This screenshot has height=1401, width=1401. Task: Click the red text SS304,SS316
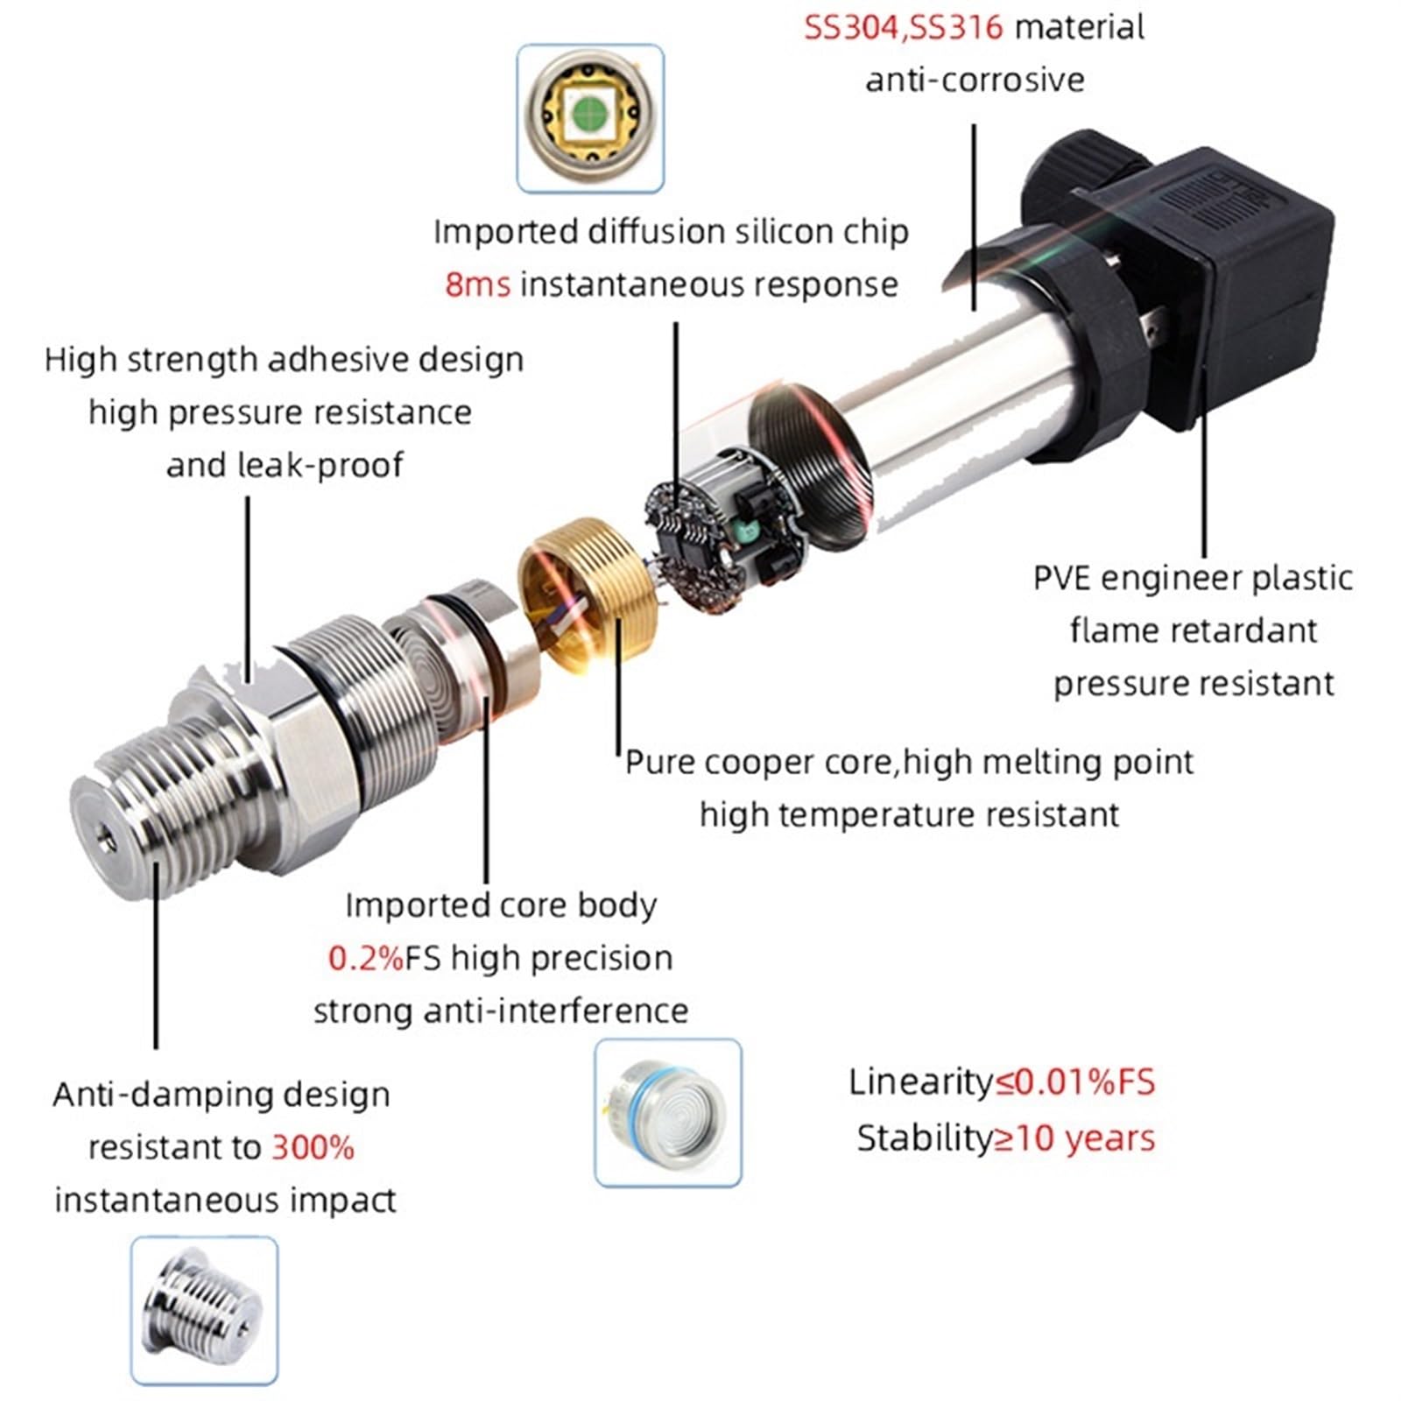(x=903, y=27)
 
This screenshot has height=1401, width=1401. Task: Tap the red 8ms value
(x=477, y=285)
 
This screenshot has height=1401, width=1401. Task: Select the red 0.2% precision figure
(x=365, y=958)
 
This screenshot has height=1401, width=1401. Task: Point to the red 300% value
(x=313, y=1147)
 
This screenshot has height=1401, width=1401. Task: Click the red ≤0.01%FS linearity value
(x=1075, y=1082)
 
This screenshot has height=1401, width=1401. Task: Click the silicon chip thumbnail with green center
(x=590, y=117)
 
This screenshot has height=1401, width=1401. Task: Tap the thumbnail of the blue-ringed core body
(x=667, y=1113)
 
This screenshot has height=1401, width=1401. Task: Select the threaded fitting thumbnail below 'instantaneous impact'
(x=204, y=1310)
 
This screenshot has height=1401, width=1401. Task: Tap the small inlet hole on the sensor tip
(x=106, y=838)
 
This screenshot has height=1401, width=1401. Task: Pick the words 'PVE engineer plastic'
(x=1193, y=578)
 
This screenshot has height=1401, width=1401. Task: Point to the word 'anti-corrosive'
(x=975, y=80)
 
